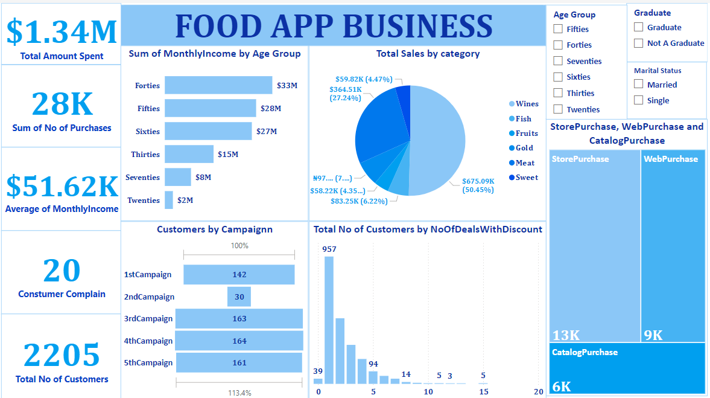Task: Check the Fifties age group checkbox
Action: pyautogui.click(x=558, y=29)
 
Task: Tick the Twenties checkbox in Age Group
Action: pyautogui.click(x=558, y=109)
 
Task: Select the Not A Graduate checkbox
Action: pyautogui.click(x=638, y=43)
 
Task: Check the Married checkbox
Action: pyautogui.click(x=638, y=85)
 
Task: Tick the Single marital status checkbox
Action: pyautogui.click(x=638, y=100)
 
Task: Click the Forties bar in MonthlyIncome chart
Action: pyautogui.click(x=218, y=85)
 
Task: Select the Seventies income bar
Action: pyautogui.click(x=177, y=177)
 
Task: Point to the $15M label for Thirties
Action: pyautogui.click(x=228, y=155)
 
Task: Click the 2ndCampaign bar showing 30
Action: pyautogui.click(x=239, y=297)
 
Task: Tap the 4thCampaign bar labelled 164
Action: pyautogui.click(x=239, y=341)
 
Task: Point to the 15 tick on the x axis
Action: pyautogui.click(x=483, y=392)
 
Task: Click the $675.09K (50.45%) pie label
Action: pyautogui.click(x=478, y=185)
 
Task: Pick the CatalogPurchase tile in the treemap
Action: pyautogui.click(x=627, y=368)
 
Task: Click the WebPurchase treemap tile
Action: pyautogui.click(x=673, y=242)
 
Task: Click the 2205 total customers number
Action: pyautogui.click(x=62, y=355)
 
